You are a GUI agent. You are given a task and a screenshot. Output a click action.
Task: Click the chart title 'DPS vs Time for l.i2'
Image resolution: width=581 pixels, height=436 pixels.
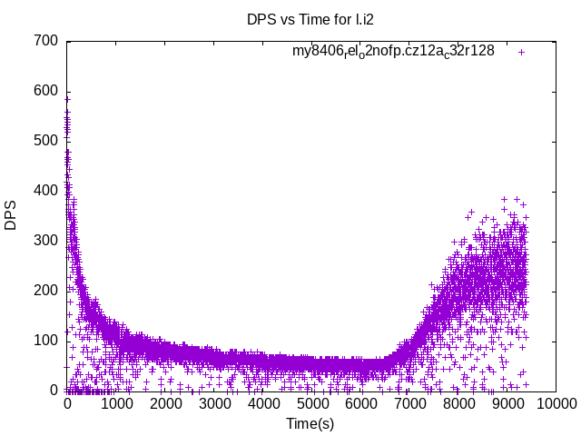310,19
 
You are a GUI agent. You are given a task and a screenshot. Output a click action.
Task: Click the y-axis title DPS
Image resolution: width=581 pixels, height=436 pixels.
11,215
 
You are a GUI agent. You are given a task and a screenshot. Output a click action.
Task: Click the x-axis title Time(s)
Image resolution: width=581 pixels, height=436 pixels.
310,423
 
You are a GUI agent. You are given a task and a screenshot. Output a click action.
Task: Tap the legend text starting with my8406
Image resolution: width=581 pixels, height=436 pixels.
393,52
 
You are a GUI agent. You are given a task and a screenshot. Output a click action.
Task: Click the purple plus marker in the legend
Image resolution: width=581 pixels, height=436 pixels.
521,52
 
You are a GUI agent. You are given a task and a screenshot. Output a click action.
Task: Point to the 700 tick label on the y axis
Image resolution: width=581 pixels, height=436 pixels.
47,41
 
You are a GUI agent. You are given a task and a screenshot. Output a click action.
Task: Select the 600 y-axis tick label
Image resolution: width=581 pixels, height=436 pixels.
47,91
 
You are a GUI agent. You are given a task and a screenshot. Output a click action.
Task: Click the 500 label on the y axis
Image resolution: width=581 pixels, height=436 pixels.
47,141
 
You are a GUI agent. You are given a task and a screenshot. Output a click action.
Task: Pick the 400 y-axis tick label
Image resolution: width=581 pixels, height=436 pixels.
47,191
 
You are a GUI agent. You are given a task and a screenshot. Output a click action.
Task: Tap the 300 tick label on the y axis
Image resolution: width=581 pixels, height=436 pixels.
47,241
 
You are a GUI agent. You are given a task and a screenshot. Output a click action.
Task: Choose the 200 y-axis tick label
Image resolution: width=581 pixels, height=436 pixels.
47,291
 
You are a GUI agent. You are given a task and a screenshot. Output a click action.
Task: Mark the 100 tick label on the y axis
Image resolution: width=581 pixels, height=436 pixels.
47,341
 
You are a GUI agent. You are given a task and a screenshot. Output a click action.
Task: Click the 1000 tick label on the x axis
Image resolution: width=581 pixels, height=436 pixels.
116,403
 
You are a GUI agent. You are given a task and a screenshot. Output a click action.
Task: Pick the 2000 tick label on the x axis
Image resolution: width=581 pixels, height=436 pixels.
164,403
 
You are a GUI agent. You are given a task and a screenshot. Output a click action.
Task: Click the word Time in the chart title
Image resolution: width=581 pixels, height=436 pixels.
314,19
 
